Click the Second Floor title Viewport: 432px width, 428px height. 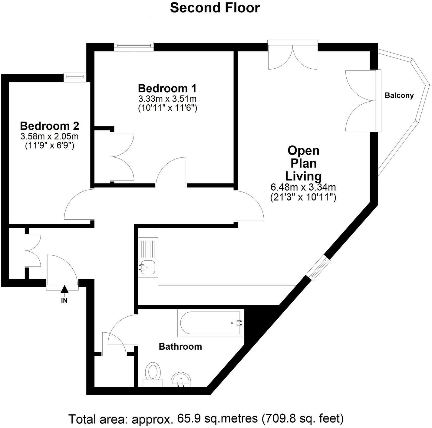215,8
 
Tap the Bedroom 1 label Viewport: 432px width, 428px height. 167,88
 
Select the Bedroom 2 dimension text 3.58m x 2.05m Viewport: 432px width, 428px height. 49,136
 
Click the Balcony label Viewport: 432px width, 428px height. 399,96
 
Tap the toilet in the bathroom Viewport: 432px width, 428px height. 153,373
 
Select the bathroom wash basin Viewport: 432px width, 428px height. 181,379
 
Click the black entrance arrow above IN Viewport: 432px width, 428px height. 64,289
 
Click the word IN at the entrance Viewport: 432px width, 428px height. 64,301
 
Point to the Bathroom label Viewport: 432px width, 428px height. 180,346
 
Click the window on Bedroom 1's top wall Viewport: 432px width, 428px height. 134,46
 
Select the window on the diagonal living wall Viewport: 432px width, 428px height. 318,268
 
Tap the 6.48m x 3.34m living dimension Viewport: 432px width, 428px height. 303,187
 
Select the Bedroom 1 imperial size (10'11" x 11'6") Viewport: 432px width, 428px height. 167,108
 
